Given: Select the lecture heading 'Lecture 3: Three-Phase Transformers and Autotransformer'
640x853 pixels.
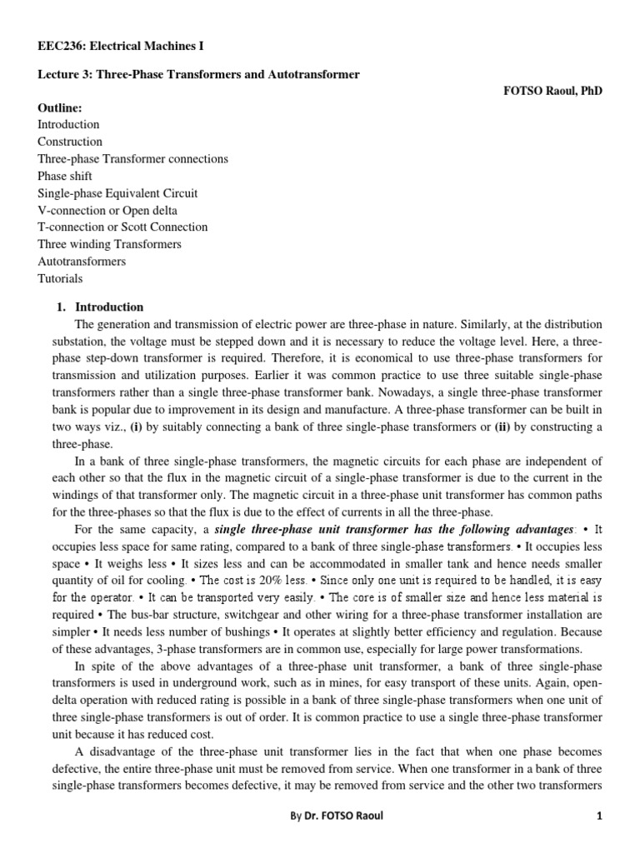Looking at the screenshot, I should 198,75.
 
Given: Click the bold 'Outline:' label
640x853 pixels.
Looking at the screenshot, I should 60,107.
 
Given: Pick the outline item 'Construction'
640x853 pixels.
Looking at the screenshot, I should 70,142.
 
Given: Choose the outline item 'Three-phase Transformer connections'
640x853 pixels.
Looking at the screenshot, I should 132,158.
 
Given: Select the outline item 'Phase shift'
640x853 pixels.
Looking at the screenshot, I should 65,176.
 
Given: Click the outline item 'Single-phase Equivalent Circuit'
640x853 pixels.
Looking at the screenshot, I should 117,192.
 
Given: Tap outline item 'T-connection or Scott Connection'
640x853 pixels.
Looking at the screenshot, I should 122,227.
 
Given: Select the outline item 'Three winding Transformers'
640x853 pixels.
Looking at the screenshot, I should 109,244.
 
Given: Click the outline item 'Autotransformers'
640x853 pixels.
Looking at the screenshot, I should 82,261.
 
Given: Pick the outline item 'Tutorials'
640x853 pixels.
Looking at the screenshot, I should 60,278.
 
